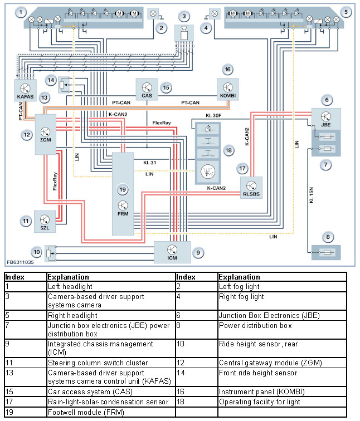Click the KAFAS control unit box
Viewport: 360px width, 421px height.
25,90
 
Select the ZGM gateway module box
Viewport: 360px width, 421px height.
45,133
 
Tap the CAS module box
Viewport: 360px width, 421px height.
147,89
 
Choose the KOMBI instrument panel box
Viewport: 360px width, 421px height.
227,89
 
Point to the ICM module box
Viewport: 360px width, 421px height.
172,252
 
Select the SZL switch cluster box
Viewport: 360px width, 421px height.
45,221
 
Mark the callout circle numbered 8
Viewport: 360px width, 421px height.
328,237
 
